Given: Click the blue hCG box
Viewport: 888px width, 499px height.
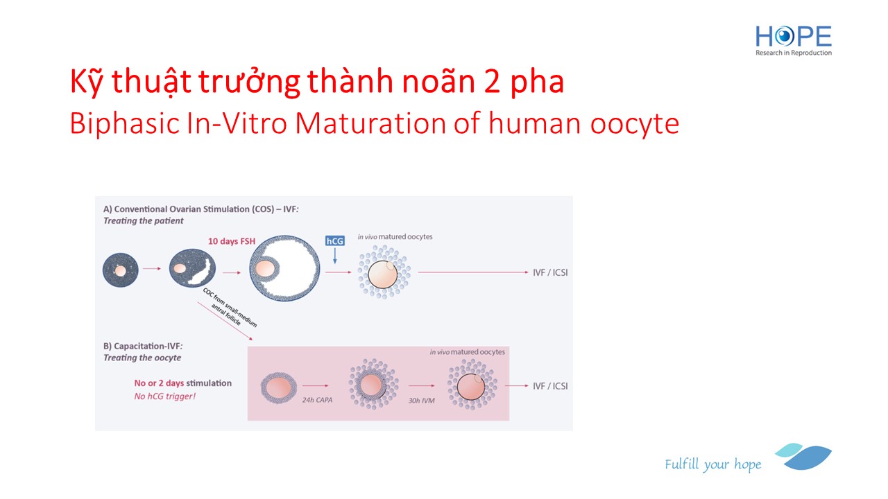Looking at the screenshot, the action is pos(334,240).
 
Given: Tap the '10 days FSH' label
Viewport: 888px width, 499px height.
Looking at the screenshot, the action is pos(232,241).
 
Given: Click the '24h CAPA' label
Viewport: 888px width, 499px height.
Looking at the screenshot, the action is pos(317,400).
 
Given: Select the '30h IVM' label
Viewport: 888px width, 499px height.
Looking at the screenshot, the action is pos(421,401).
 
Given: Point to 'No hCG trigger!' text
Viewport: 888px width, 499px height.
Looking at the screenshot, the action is pos(165,396).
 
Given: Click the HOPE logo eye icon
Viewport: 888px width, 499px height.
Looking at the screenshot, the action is pos(784,36).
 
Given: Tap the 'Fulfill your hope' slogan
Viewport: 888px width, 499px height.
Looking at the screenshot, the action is pos(712,464).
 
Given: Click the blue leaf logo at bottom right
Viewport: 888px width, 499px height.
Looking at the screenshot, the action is pos(803,456).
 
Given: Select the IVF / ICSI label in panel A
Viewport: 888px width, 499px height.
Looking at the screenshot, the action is pos(550,272).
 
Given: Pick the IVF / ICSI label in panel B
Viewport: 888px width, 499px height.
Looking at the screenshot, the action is pos(550,386).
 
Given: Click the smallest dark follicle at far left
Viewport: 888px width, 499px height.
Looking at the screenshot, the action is pos(121,270).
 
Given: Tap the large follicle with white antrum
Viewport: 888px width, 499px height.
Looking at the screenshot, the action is pos(284,268).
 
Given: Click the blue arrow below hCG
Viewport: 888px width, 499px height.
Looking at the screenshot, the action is pos(335,256).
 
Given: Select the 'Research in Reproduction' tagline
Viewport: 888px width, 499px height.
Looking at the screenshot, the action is pos(793,53).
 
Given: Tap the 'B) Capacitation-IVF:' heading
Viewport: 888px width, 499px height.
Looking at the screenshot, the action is pos(143,346).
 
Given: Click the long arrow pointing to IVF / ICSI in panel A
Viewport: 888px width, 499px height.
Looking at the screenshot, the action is pos(473,272).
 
